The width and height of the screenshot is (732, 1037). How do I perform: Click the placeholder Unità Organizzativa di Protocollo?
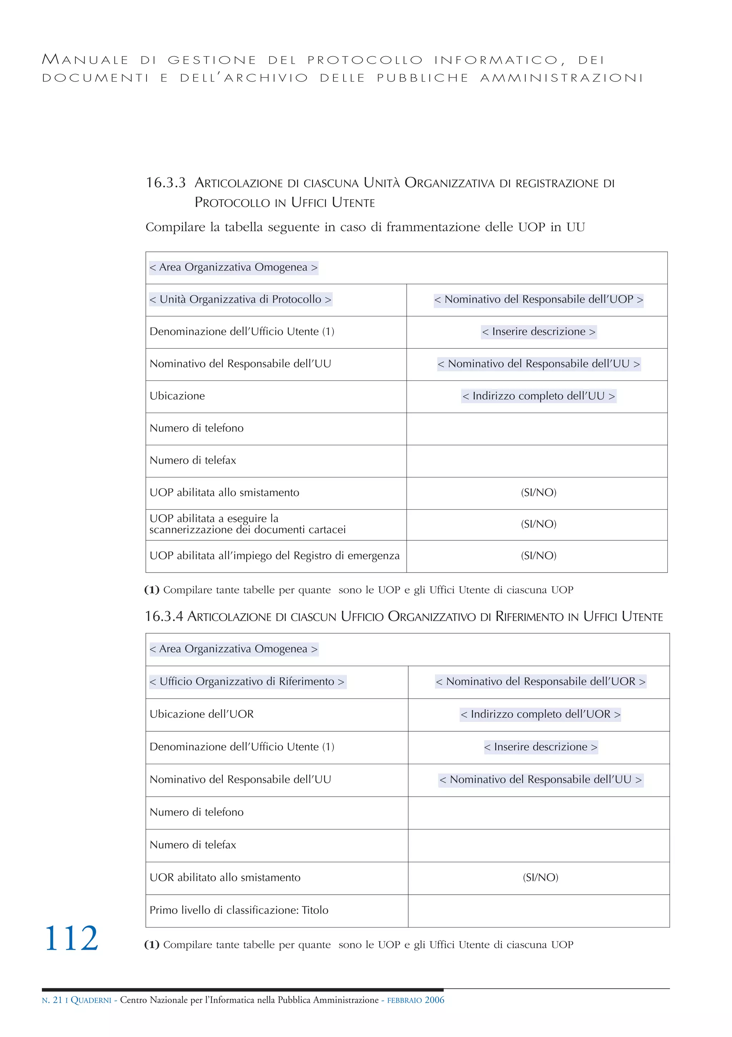tap(240, 299)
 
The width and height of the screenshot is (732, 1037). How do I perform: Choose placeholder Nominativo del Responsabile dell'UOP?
tap(538, 299)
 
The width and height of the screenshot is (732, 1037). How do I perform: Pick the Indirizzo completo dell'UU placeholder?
tap(538, 396)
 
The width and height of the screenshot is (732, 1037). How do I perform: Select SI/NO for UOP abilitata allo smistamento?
tap(538, 493)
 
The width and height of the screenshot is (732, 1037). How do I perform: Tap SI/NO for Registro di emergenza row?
tap(538, 556)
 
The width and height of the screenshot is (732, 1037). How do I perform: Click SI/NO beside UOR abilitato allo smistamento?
tap(540, 878)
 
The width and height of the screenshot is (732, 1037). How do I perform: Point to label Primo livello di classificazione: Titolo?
tap(239, 910)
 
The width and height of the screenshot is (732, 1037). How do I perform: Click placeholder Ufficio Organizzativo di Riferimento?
tap(247, 682)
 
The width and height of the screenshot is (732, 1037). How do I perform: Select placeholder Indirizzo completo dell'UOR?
tap(540, 714)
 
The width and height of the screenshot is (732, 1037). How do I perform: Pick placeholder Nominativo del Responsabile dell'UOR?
tap(540, 682)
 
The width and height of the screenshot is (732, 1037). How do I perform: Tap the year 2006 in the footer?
tap(434, 1000)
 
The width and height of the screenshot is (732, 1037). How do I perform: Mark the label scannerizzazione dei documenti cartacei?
tap(247, 530)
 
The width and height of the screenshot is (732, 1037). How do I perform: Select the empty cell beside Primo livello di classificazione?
tap(538, 910)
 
